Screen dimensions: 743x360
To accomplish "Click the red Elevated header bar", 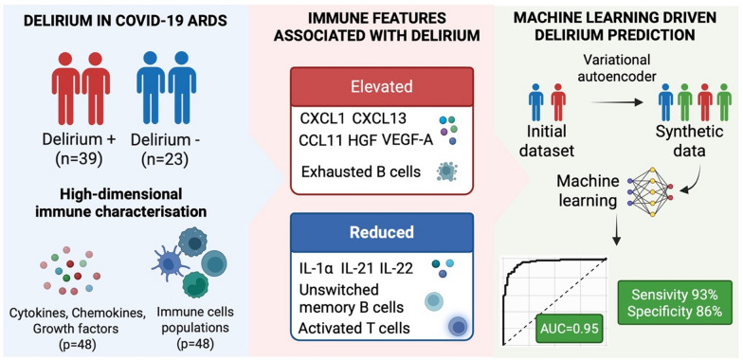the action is pyautogui.click(x=382, y=87).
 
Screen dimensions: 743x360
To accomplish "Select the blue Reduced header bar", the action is pyautogui.click(x=382, y=232).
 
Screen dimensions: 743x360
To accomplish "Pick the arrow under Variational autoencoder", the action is pyautogui.click(x=617, y=101).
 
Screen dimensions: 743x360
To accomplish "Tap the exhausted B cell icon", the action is pyautogui.click(x=446, y=171).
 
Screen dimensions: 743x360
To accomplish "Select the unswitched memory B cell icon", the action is pyautogui.click(x=434, y=301).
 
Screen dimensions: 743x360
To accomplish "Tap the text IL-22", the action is pyautogui.click(x=396, y=268).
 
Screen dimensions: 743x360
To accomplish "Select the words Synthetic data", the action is pyautogui.click(x=690, y=140).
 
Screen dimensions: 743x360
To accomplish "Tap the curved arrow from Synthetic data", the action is pyautogui.click(x=693, y=177).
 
